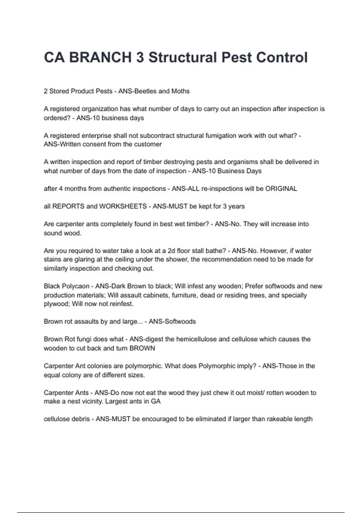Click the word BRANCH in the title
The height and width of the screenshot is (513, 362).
[100, 58]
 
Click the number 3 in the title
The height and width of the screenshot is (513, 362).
[140, 58]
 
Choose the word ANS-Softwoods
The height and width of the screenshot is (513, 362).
[172, 322]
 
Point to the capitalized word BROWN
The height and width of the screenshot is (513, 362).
[142, 348]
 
